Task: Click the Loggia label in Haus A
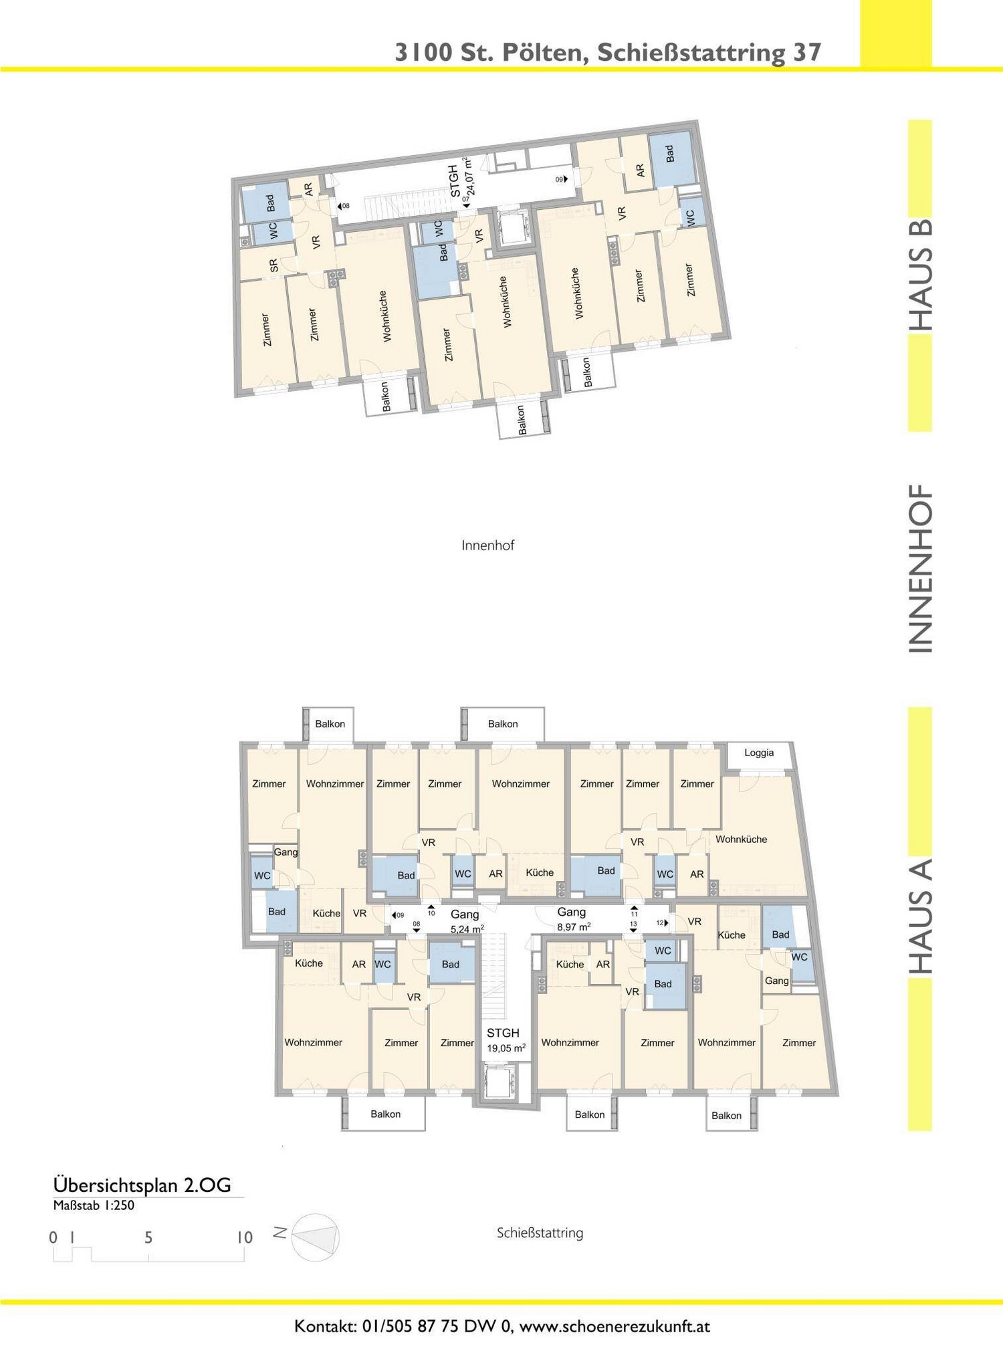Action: pos(759,753)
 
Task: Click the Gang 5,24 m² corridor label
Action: pos(466,921)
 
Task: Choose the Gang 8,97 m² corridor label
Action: pos(573,918)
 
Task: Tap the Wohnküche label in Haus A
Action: pos(741,839)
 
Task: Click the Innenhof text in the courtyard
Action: pos(487,545)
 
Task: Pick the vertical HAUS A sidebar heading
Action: pos(920,916)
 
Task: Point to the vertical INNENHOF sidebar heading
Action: pos(920,569)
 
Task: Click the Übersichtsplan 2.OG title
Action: pos(142,1185)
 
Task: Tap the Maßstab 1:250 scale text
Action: pos(94,1205)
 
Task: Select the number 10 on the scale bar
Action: pos(244,1237)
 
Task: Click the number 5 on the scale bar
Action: pos(148,1237)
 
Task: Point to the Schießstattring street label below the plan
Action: pos(540,1233)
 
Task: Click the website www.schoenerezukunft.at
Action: pos(615,1326)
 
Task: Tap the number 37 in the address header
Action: pos(807,52)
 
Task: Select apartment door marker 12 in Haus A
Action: pos(661,922)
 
